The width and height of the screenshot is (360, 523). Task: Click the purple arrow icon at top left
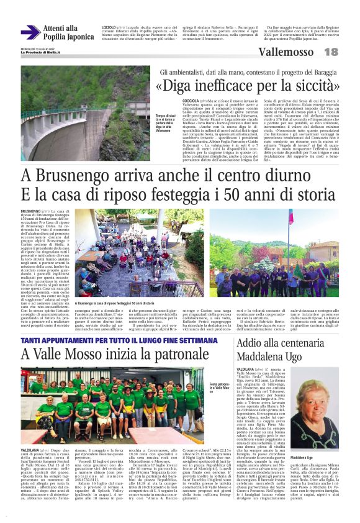click(30, 32)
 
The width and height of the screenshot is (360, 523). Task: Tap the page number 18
click(331, 52)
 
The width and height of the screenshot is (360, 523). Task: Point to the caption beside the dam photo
click(162, 123)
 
